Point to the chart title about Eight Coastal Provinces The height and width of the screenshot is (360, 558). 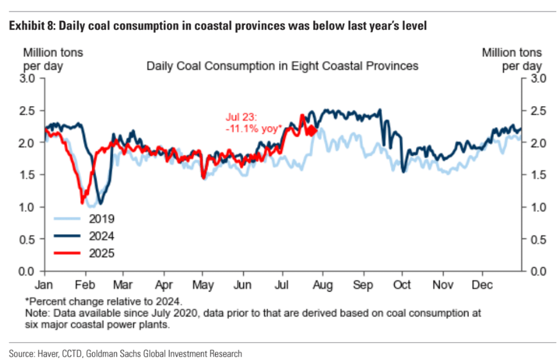[x=282, y=65]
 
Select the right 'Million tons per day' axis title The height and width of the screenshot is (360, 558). [x=511, y=59]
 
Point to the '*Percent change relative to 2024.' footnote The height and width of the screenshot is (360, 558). [x=96, y=301]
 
